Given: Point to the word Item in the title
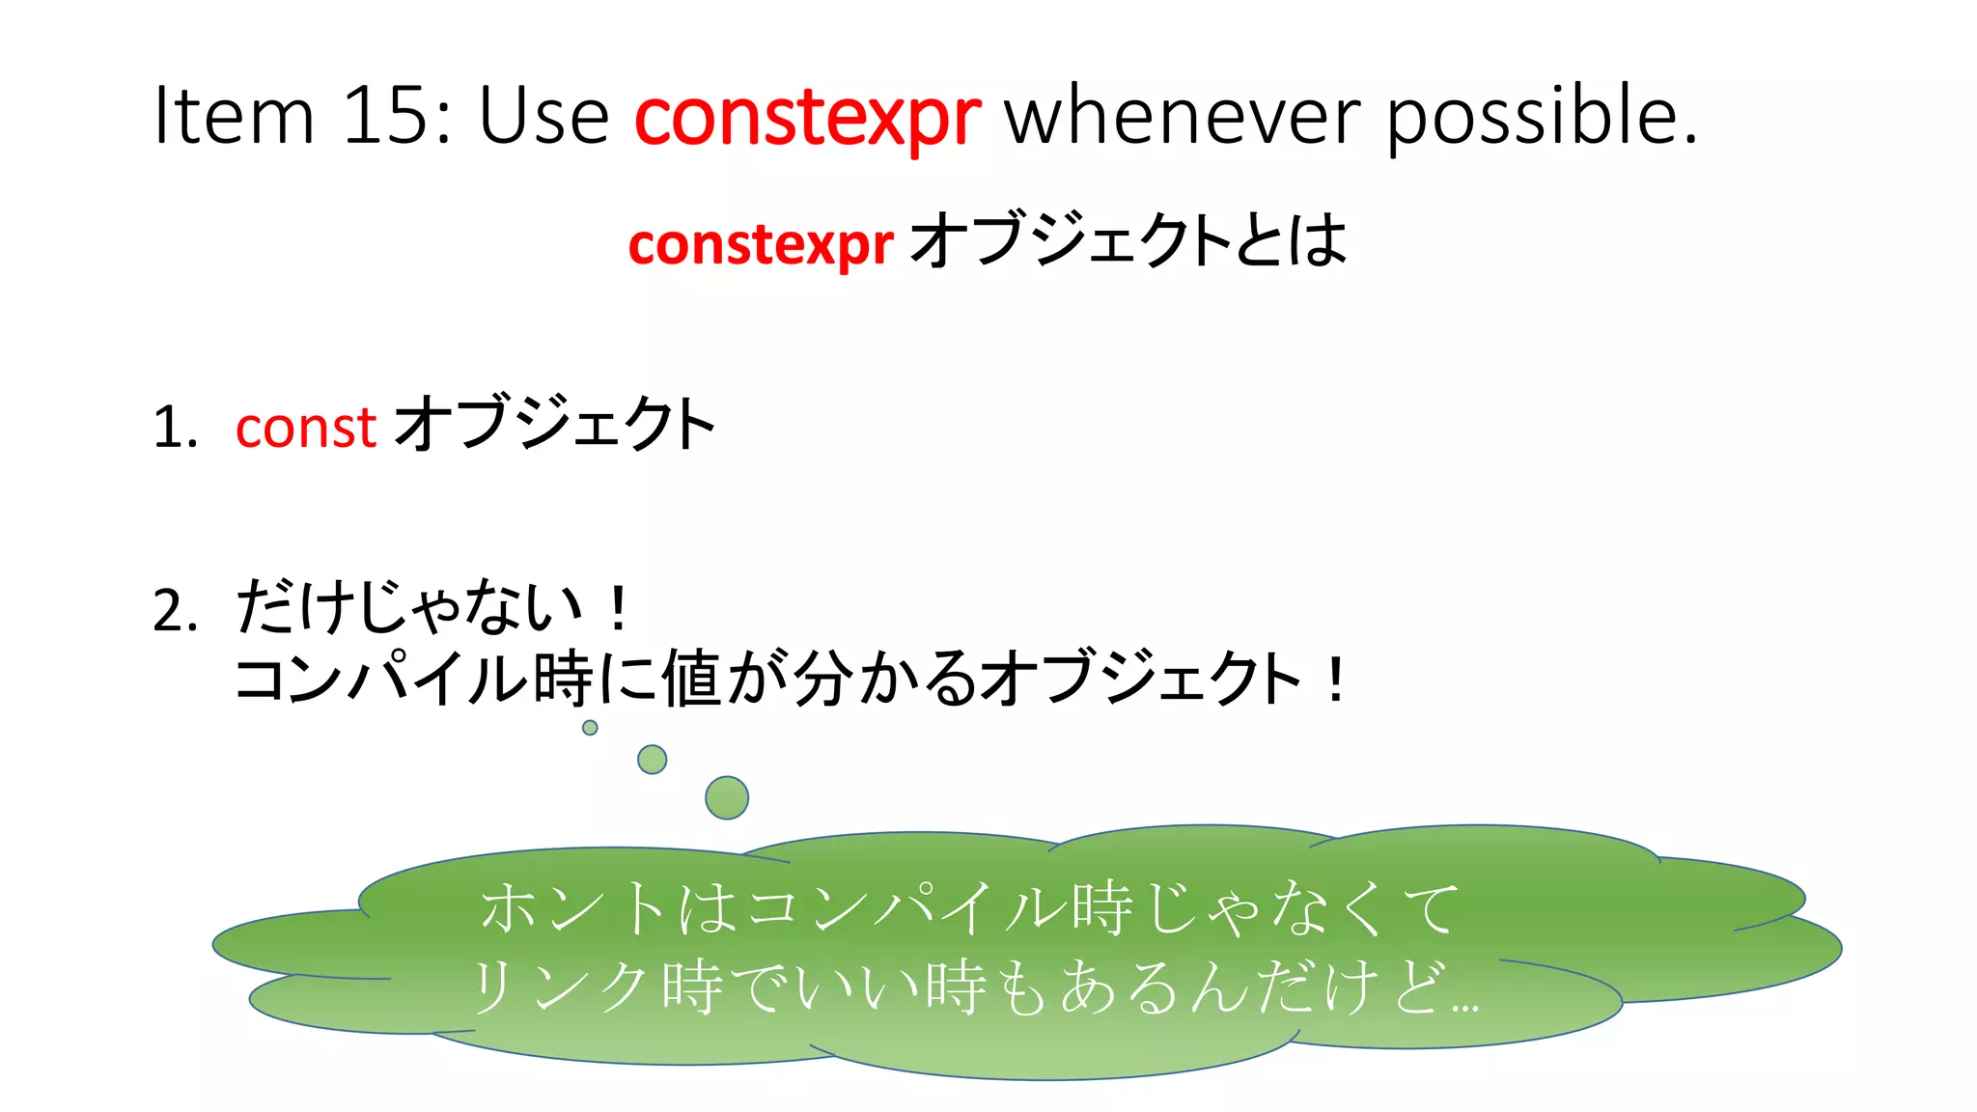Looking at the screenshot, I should [235, 116].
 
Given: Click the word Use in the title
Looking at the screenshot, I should [543, 116].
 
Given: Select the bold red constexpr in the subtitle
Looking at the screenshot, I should [760, 244].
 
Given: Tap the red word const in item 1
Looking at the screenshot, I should [305, 427].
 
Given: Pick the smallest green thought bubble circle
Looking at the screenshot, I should [590, 728].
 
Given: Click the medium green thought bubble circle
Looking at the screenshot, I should [653, 760].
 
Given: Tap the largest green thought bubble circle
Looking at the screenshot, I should [727, 798].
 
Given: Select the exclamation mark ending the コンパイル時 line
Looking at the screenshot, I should [1335, 680].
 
